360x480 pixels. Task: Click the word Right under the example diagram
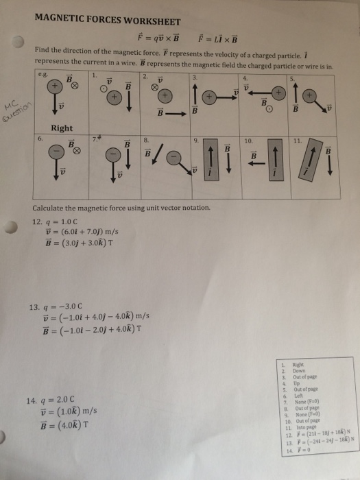(x=62, y=128)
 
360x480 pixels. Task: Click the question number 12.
(x=37, y=221)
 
